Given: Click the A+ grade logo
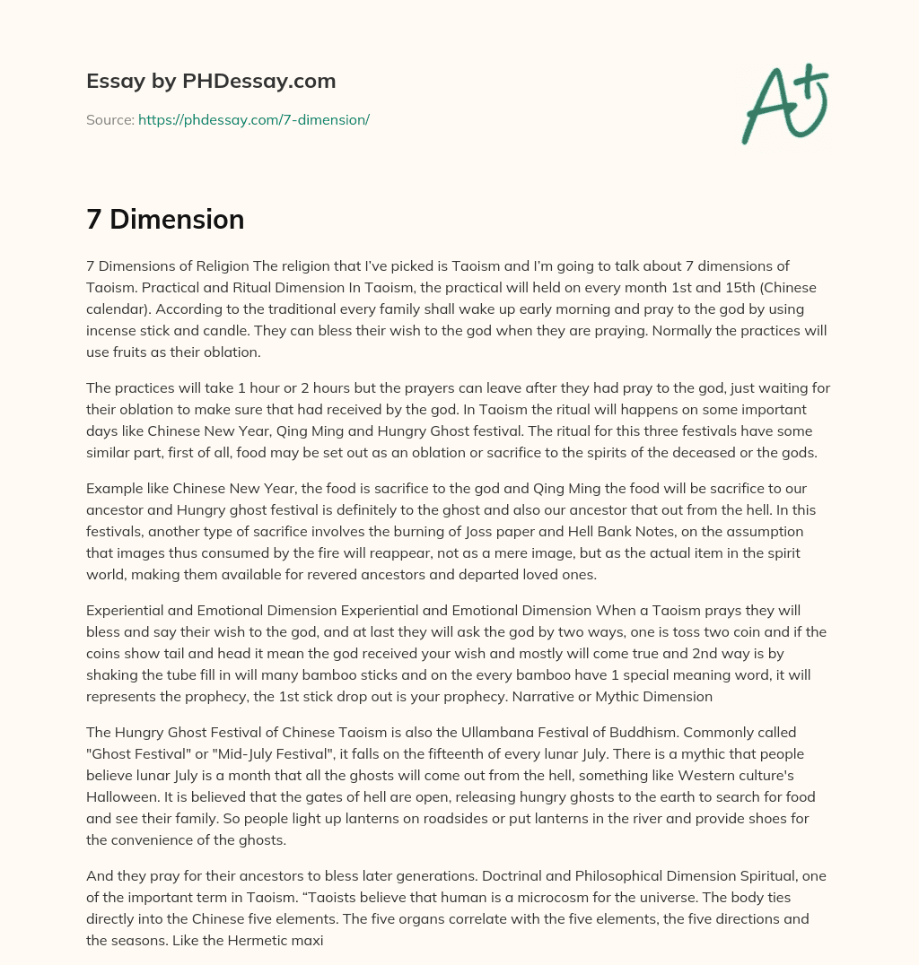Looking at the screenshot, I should [x=784, y=103].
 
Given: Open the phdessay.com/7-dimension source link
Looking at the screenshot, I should [x=254, y=119].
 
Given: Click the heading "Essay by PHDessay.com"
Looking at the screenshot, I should [x=211, y=82].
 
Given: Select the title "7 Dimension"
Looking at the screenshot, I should [x=165, y=220].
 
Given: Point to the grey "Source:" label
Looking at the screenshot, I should [x=110, y=119].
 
